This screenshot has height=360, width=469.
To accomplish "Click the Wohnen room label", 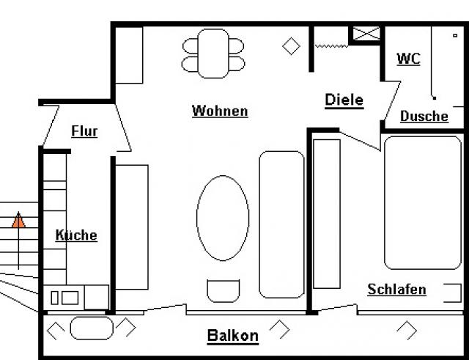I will (220, 111).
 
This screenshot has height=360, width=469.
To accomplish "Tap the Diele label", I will (344, 100).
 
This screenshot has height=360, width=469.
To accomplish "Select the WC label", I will (408, 59).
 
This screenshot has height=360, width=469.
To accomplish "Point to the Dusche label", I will (424, 116).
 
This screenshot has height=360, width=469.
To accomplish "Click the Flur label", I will (84, 131).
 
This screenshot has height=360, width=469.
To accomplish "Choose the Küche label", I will (76, 235).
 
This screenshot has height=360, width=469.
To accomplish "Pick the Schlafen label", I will (396, 290).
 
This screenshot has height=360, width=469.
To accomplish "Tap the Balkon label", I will (232, 336).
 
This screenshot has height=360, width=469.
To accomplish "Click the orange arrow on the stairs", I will (19, 219).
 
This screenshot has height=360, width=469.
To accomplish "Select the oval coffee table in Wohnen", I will (223, 217).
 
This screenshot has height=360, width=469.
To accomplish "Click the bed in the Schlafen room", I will (422, 202).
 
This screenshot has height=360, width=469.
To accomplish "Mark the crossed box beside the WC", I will (366, 34).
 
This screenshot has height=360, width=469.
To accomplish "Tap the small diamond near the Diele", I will (292, 46).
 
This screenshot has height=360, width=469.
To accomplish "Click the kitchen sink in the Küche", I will (64, 298).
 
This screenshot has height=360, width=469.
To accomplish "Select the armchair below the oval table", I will (223, 290).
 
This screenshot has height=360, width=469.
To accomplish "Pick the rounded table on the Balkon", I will (92, 328).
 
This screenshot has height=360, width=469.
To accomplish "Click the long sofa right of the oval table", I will (281, 224).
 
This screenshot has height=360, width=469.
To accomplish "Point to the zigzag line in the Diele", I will (330, 45).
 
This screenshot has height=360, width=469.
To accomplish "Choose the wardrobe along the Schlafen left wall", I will (327, 213).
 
